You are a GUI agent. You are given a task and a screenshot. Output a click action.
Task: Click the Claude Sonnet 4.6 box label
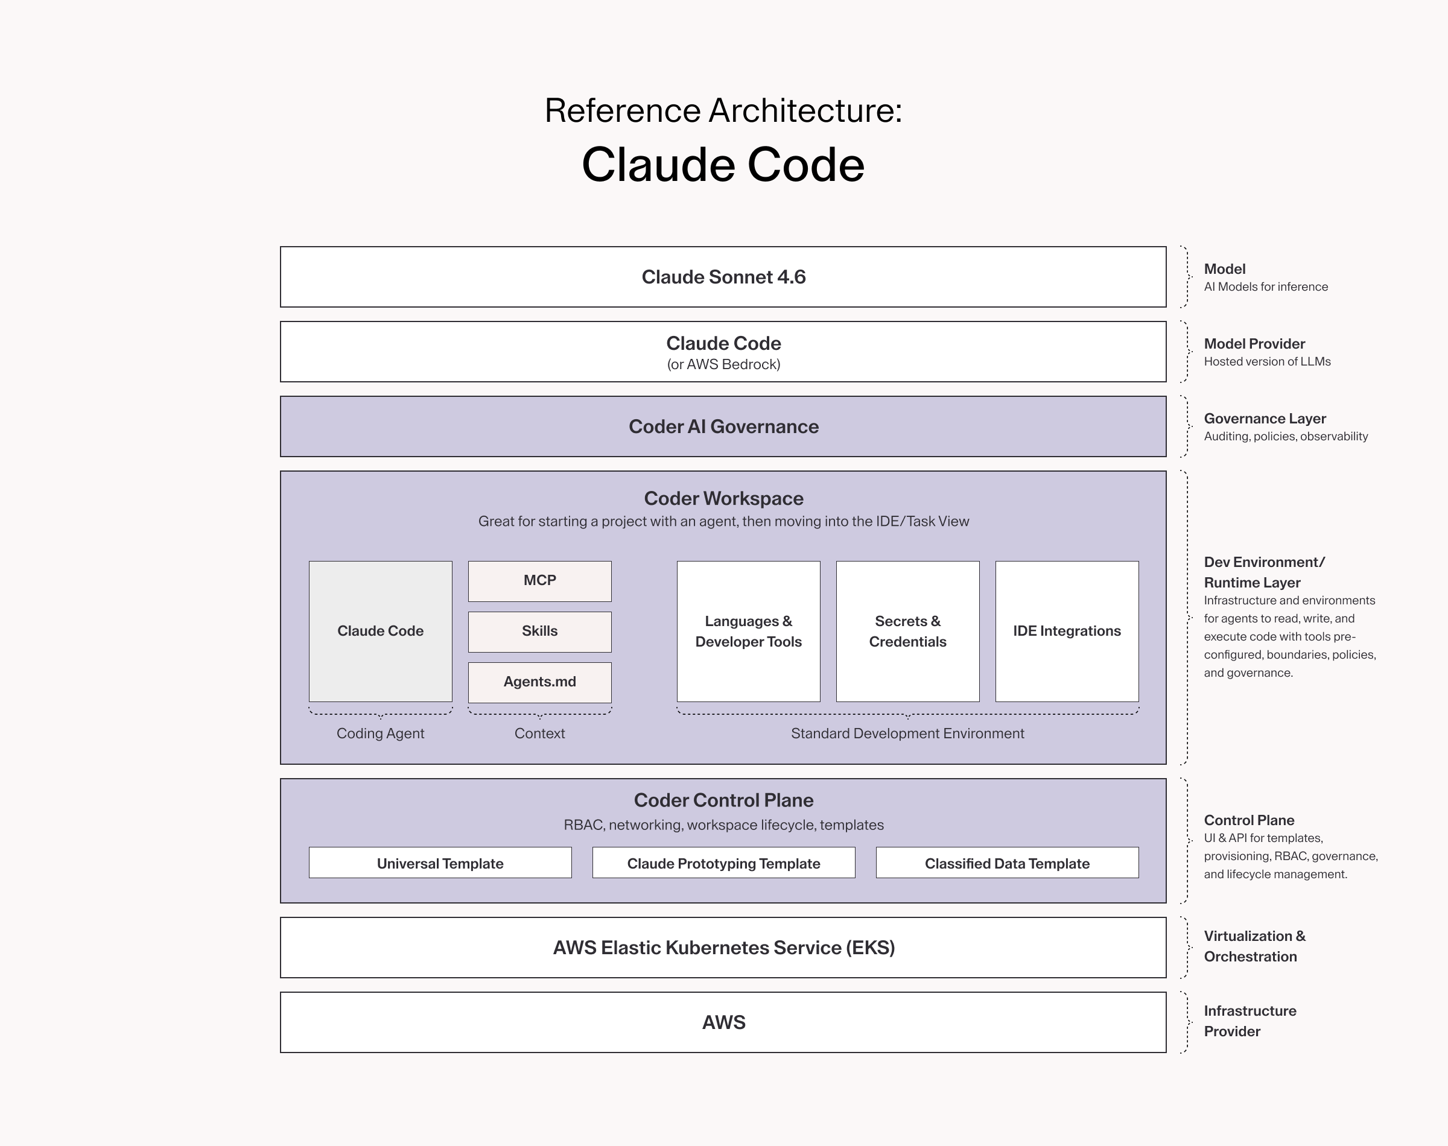point(723,277)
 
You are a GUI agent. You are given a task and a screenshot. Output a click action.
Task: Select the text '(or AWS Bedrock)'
point(723,364)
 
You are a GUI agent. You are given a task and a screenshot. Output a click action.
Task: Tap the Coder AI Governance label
point(723,426)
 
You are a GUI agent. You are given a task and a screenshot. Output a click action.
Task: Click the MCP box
point(539,581)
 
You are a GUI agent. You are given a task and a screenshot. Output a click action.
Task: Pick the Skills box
point(539,632)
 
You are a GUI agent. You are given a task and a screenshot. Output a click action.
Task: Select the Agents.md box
point(539,682)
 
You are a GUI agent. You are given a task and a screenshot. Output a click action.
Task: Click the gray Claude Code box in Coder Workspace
point(381,632)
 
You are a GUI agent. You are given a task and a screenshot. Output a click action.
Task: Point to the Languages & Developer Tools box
point(748,632)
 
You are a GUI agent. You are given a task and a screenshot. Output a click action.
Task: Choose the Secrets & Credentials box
point(908,632)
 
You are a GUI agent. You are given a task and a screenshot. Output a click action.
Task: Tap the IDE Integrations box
point(1067,632)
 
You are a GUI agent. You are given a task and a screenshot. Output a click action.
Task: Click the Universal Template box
point(440,863)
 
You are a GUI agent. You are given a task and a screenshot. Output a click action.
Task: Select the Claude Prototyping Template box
point(723,863)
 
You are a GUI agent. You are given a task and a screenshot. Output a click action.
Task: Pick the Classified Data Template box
point(1007,863)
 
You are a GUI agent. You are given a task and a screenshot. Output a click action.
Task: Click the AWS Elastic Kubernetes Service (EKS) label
point(723,948)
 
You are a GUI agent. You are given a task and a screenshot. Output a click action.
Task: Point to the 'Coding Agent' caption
point(381,733)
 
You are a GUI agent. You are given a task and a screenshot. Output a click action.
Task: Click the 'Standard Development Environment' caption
point(907,733)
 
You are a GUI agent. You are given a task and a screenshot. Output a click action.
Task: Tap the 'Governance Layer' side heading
point(1265,419)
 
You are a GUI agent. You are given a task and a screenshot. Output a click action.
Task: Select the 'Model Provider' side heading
point(1254,344)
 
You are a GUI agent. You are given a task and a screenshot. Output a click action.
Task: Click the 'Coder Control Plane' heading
point(723,800)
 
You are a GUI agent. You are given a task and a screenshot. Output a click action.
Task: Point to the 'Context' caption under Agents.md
point(539,733)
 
